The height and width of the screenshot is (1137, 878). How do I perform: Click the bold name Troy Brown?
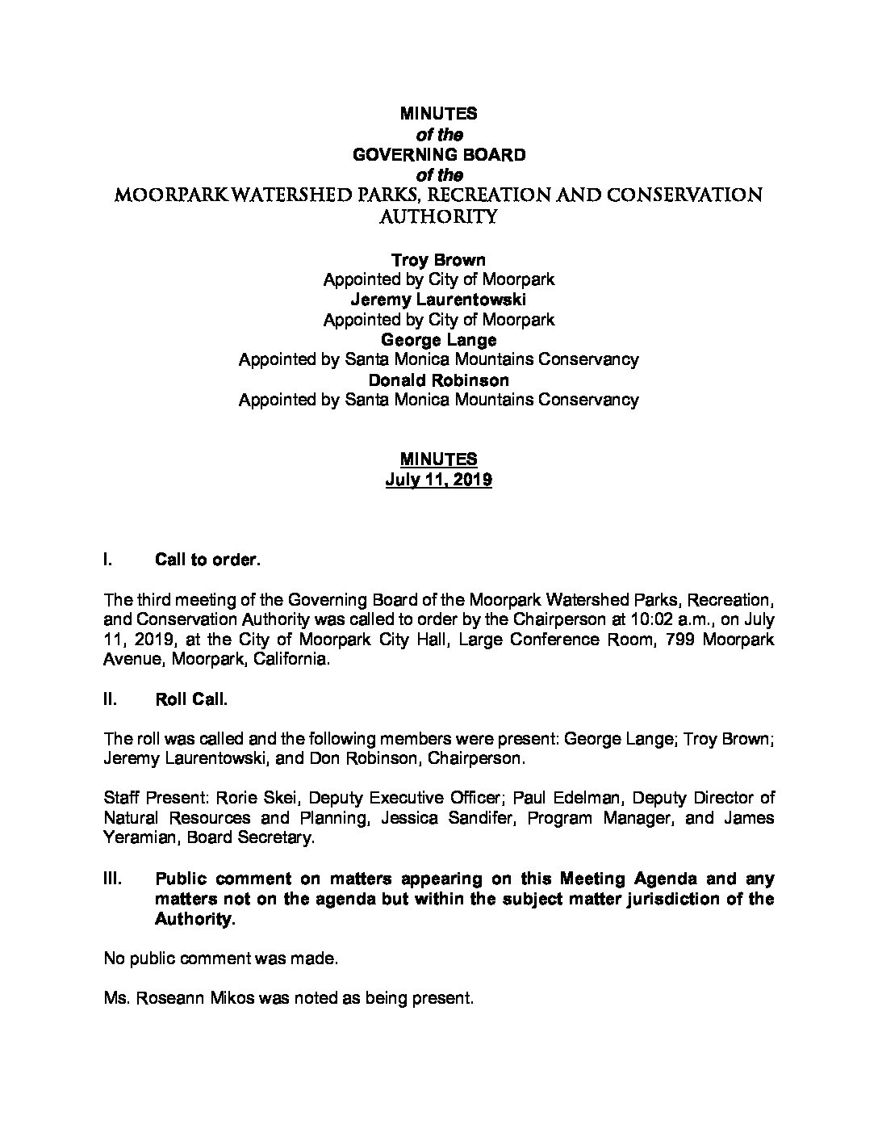click(x=438, y=260)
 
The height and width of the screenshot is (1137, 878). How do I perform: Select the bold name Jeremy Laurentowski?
click(x=438, y=300)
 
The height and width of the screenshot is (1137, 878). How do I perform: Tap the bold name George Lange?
click(x=438, y=340)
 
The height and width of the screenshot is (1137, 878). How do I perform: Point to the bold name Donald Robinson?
click(x=438, y=380)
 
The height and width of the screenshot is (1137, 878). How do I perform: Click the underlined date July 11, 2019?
click(x=438, y=480)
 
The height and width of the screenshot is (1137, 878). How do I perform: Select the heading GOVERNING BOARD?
click(x=438, y=155)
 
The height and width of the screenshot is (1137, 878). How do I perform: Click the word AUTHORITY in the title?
click(x=438, y=216)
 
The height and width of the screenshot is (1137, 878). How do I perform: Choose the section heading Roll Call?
click(x=191, y=699)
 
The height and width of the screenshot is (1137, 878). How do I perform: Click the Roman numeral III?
click(x=113, y=879)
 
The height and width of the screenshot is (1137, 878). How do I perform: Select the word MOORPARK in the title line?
click(x=162, y=196)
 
